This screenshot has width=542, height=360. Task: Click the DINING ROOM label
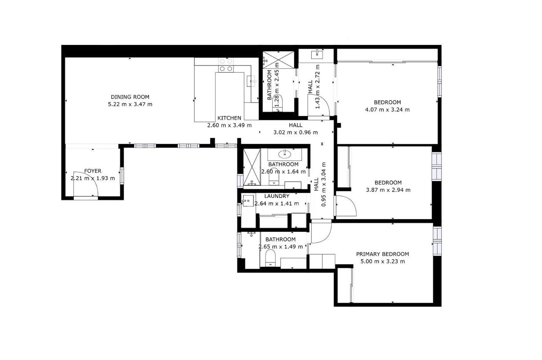[x=130, y=97]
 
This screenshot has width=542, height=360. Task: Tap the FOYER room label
[x=93, y=171]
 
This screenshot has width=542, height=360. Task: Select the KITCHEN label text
[x=229, y=118]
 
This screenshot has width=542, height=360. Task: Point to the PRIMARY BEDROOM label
[x=383, y=254]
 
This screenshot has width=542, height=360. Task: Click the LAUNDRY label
[x=277, y=196]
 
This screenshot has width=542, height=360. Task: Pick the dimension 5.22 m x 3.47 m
[x=130, y=104]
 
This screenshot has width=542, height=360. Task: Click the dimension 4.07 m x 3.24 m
[x=387, y=110]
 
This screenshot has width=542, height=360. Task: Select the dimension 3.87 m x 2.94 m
[x=388, y=190]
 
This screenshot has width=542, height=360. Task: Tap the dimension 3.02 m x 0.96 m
[x=296, y=132]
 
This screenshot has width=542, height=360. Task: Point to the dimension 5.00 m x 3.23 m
[x=383, y=261]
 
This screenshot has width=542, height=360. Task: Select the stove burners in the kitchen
[x=226, y=65]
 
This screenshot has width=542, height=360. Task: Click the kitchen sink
[x=251, y=81]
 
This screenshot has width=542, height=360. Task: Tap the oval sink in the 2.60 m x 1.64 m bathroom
[x=285, y=153]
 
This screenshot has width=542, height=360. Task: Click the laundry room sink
[x=248, y=201]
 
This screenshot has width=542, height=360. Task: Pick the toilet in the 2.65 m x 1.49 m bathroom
[x=270, y=258]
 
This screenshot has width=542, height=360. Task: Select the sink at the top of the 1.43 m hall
[x=317, y=54]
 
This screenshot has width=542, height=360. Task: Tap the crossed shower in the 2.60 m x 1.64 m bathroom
[x=252, y=167]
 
